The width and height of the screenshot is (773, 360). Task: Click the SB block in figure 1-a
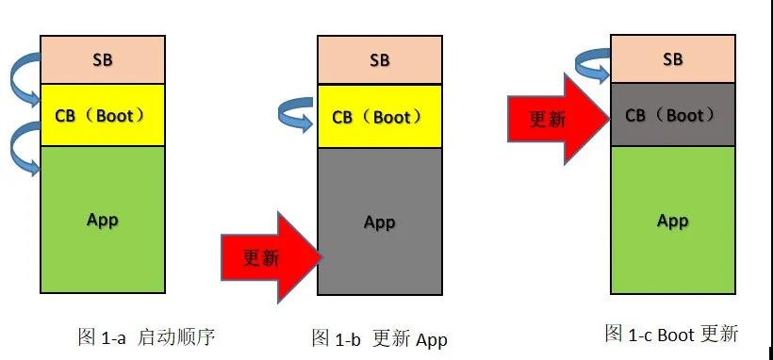pos(102,59)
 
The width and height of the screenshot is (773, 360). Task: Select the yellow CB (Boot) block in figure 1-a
pos(102,115)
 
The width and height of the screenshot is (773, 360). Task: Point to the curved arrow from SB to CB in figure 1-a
pos(23,80)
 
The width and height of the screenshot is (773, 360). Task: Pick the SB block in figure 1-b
pos(379,60)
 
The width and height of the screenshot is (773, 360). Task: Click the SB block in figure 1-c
pos(672,58)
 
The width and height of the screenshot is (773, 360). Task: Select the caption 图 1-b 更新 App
pos(379,338)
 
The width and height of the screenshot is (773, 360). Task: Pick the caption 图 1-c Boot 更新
pos(670,334)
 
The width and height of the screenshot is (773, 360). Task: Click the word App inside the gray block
pos(379,222)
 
